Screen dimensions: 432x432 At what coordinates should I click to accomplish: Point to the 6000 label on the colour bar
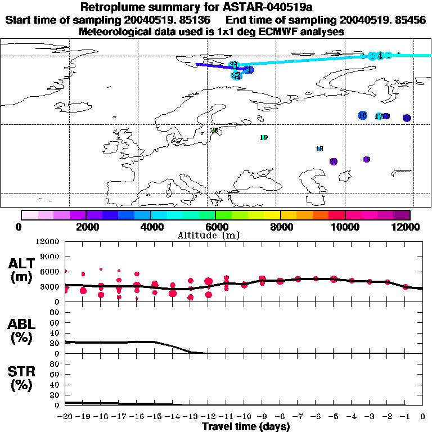(x=214, y=227)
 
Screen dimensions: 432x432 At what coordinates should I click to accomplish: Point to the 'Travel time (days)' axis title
(x=246, y=427)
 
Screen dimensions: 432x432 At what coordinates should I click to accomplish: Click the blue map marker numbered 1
(x=249, y=70)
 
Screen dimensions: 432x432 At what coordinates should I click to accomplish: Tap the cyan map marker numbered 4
(x=381, y=56)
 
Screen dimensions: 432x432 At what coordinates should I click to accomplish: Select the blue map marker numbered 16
(x=363, y=115)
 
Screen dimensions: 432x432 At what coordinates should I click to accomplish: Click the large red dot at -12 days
(x=209, y=282)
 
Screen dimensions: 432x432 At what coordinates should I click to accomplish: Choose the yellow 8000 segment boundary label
(x=280, y=227)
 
